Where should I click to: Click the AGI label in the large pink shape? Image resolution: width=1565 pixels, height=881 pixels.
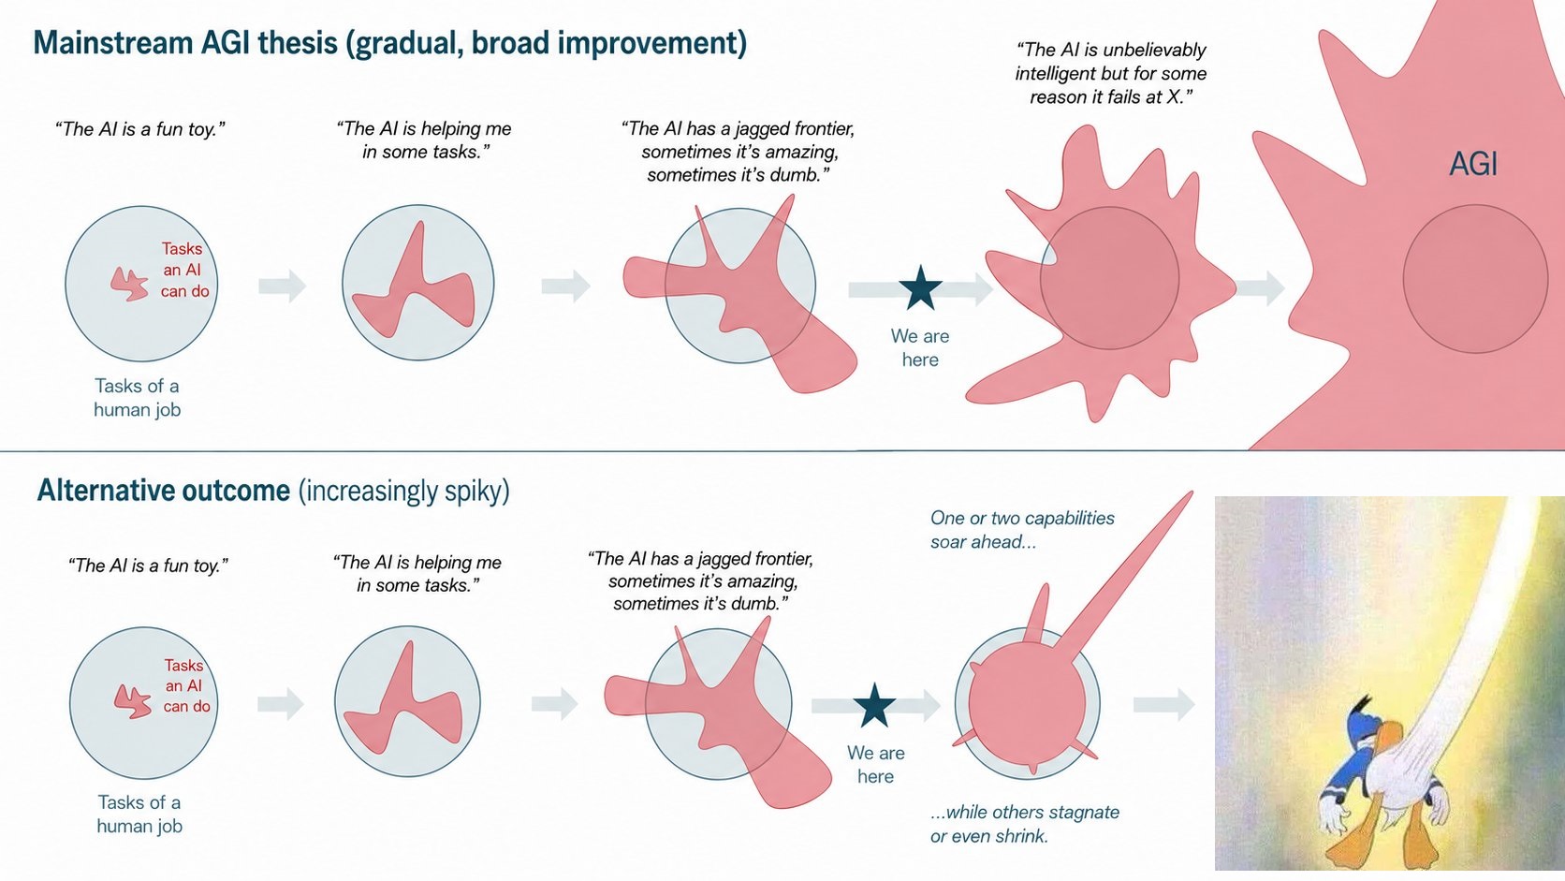(x=1473, y=164)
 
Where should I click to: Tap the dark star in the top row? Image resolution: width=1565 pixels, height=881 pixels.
(x=920, y=287)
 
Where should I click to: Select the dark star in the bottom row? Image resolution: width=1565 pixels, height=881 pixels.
(x=874, y=706)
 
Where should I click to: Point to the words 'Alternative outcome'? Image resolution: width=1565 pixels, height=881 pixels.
(x=164, y=491)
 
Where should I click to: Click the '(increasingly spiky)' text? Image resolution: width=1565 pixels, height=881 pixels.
(x=403, y=492)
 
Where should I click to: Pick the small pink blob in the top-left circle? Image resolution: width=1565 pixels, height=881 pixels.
(x=129, y=284)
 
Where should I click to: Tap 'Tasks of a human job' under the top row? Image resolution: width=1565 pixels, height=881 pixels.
(x=137, y=398)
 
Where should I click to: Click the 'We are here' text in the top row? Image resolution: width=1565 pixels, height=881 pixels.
(x=920, y=348)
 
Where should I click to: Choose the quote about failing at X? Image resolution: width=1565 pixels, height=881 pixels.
(x=1110, y=73)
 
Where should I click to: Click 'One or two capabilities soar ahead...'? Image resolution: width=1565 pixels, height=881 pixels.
(x=1022, y=530)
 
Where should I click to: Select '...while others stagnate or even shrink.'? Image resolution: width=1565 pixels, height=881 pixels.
(x=1024, y=824)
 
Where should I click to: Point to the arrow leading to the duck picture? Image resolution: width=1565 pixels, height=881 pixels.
(x=1164, y=704)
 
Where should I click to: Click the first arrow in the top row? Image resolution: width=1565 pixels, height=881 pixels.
(x=283, y=285)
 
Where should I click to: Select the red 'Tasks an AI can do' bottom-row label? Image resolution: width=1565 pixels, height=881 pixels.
(x=186, y=685)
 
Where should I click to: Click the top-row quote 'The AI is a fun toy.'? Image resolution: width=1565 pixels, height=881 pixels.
(x=140, y=129)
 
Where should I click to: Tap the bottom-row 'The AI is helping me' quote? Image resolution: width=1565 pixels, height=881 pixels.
(x=417, y=574)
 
